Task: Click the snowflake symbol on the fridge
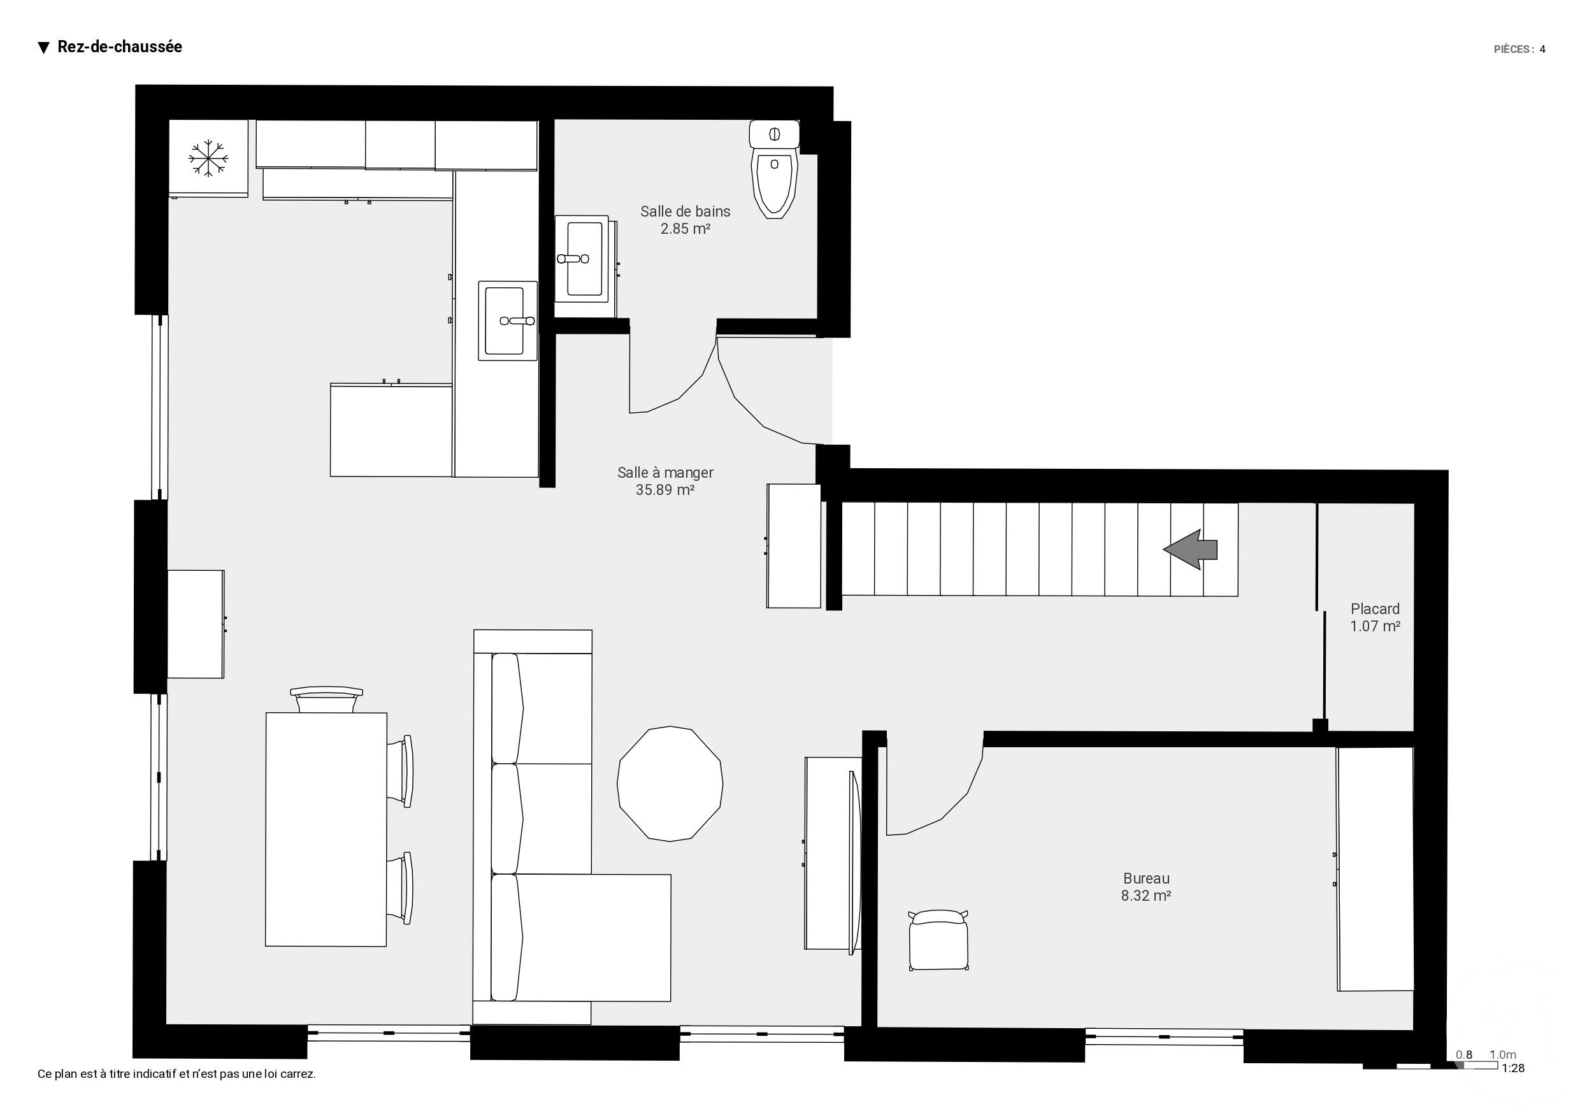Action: (x=208, y=159)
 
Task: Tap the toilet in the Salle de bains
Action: (x=775, y=179)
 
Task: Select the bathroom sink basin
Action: (x=584, y=258)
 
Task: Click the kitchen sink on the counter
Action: (x=506, y=321)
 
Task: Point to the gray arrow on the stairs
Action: (x=1190, y=549)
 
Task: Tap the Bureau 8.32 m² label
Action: (x=1145, y=887)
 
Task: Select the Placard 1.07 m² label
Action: (x=1374, y=617)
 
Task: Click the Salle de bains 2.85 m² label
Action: (x=685, y=220)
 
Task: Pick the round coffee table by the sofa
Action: (x=670, y=784)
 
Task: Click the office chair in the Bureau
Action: (x=938, y=940)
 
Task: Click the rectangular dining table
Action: (x=326, y=829)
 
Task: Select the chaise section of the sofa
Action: (x=592, y=938)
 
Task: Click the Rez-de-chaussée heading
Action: (x=119, y=47)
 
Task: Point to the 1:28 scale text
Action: (x=1512, y=1068)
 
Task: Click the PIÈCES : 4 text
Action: (x=1519, y=50)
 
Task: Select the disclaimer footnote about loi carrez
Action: (x=177, y=1074)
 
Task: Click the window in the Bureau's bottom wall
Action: (x=1163, y=1036)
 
